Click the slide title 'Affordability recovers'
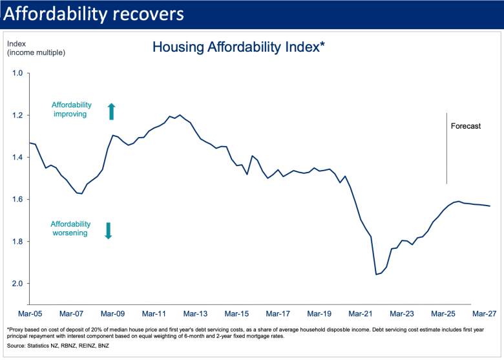[x=93, y=14]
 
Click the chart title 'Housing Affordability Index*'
[x=238, y=47]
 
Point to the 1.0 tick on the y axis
[x=17, y=73]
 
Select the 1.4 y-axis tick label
[x=17, y=157]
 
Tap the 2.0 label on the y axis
[x=17, y=284]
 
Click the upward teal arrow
[x=111, y=111]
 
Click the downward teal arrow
[x=109, y=231]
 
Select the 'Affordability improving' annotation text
[x=72, y=109]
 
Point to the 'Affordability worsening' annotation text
[x=69, y=228]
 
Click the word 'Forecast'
[x=466, y=127]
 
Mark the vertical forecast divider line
[x=447, y=149]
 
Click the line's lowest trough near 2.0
[x=377, y=275]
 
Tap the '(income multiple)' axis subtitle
[x=36, y=52]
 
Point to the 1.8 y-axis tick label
[x=17, y=242]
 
